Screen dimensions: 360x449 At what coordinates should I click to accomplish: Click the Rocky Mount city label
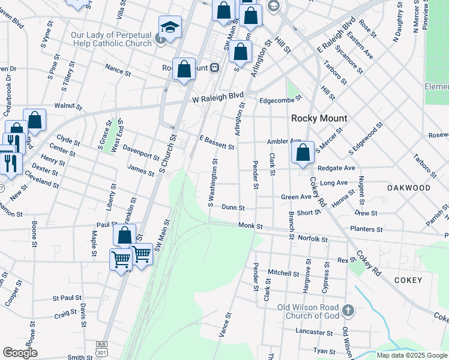pos(319,118)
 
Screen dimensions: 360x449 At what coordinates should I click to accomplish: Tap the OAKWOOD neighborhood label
pos(409,188)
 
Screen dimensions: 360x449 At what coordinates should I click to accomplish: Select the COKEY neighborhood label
pos(408,280)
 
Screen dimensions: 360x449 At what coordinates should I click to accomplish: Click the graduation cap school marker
pos(170,28)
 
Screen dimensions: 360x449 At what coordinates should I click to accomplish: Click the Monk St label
pos(250,226)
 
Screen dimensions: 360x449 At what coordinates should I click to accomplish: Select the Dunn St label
pos(234,208)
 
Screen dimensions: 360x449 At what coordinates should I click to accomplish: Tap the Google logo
pos(20,353)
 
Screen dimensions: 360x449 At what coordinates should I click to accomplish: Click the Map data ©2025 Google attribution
pos(411,355)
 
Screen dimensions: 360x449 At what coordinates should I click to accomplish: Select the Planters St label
pos(366,229)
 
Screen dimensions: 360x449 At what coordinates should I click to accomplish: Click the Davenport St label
pos(140,152)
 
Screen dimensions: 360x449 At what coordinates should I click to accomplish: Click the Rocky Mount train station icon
pos(214,68)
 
